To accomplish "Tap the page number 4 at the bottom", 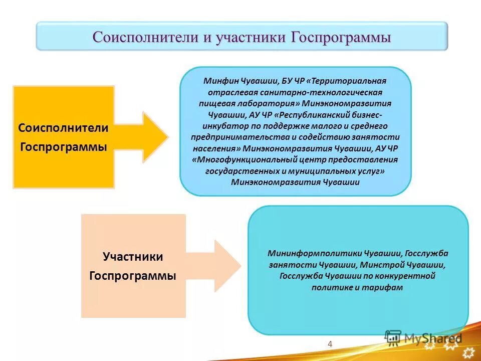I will point(330,343).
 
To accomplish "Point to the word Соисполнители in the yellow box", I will point(64,128).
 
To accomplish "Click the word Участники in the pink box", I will point(133,257).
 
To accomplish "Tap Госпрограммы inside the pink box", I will point(133,276).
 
